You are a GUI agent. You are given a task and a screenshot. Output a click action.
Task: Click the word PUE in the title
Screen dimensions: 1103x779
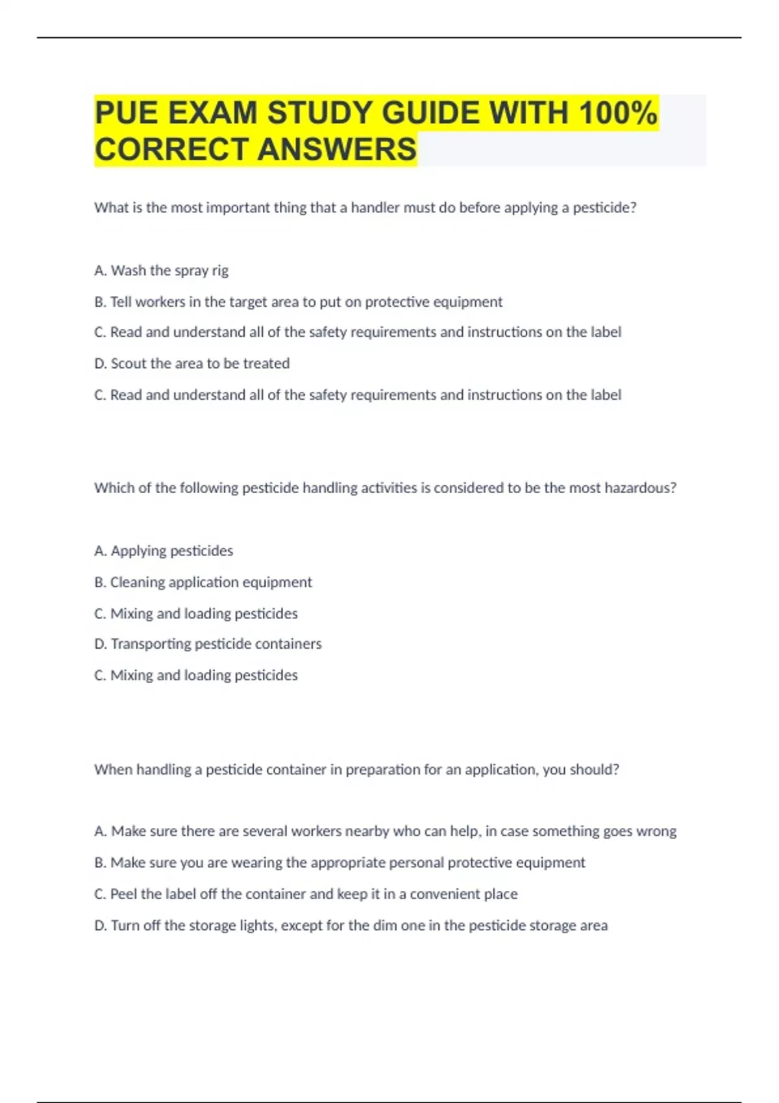point(127,114)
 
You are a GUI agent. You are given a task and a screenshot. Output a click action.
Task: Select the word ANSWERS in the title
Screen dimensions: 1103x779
point(337,149)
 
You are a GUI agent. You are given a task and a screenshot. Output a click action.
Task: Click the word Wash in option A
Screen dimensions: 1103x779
point(129,271)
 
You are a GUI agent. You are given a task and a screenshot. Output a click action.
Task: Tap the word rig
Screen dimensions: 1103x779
point(220,271)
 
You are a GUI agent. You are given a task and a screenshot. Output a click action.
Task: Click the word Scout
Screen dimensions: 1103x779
point(129,363)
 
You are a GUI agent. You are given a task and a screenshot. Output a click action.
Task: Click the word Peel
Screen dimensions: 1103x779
point(124,894)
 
